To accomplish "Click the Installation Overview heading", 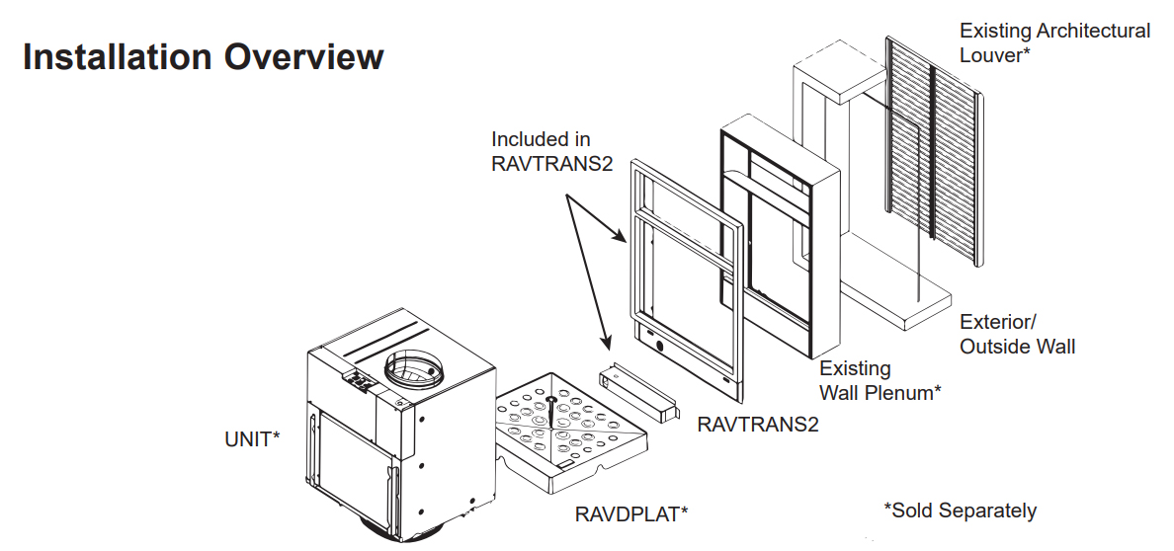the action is tap(203, 57).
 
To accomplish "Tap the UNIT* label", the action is tap(252, 439).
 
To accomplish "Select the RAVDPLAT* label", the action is tap(631, 514).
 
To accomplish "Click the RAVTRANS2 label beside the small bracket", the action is tap(758, 425).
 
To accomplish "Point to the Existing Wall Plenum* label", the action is tap(880, 380).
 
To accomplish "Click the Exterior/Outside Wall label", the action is tap(1018, 335).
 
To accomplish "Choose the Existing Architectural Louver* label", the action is tap(1055, 42).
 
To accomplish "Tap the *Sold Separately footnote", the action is tap(961, 511).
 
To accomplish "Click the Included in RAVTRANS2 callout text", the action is tap(551, 150).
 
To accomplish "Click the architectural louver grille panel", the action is tap(934, 150).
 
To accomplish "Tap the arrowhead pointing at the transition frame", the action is tap(621, 237).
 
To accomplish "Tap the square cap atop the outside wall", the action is tap(839, 77).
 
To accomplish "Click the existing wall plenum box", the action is tap(780, 235).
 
